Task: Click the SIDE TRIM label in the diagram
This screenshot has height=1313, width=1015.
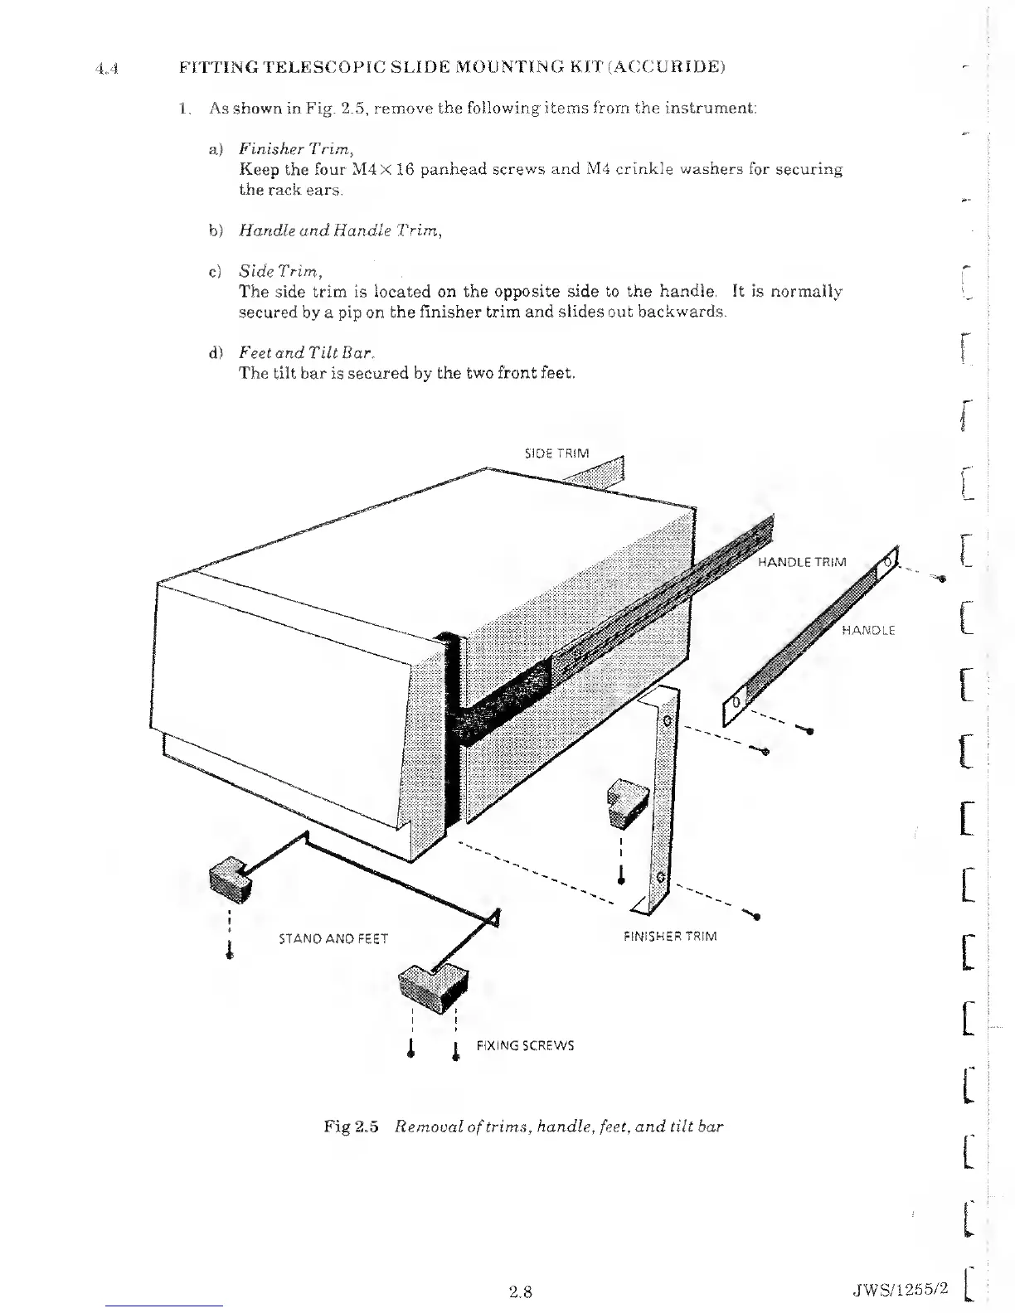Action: pos(557,453)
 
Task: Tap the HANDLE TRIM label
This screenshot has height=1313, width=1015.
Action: pos(803,562)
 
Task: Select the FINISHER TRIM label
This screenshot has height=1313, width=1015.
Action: pos(670,936)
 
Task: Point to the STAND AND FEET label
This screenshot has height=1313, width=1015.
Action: pos(333,939)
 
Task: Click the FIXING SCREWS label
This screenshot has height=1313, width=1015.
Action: pos(525,1045)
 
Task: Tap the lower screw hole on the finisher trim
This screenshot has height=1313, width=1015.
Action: pos(660,876)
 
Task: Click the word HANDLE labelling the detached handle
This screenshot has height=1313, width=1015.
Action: pos(868,630)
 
